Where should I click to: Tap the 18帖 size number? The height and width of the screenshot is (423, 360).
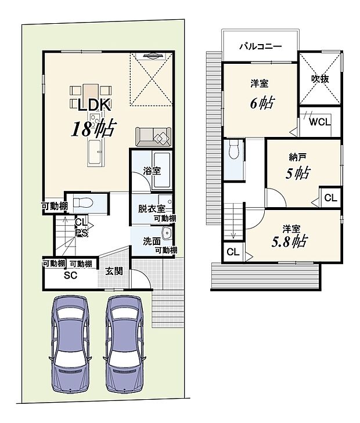point(92,129)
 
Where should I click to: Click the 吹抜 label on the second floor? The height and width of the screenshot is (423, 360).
point(320,79)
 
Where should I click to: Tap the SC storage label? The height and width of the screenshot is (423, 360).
point(70,275)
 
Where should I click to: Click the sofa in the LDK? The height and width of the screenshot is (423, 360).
point(154,136)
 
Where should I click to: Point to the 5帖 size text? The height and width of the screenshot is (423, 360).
point(298,173)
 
